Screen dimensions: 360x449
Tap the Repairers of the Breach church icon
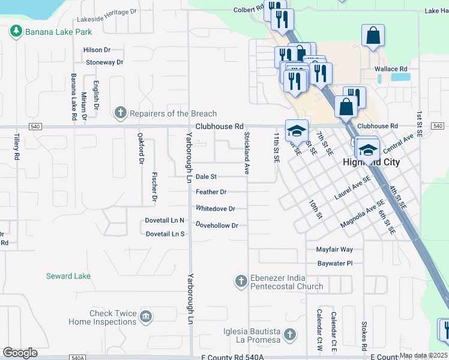coord(120,113)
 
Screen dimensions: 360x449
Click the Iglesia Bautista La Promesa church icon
coord(290,334)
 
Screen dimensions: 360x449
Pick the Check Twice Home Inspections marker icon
coord(146,316)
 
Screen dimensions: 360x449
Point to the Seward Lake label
coord(68,276)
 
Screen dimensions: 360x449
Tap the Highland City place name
coord(370,163)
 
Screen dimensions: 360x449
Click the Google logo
coord(20,352)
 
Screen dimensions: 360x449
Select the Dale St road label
coord(206,177)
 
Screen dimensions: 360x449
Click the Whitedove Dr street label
coord(215,209)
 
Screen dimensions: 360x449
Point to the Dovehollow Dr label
coord(217,225)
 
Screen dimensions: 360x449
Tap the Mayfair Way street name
coord(334,249)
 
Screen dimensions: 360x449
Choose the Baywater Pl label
coord(334,263)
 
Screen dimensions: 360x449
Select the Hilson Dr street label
coord(97,50)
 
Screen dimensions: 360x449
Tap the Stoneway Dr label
coord(104,62)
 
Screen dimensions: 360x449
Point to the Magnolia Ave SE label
coord(363,215)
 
